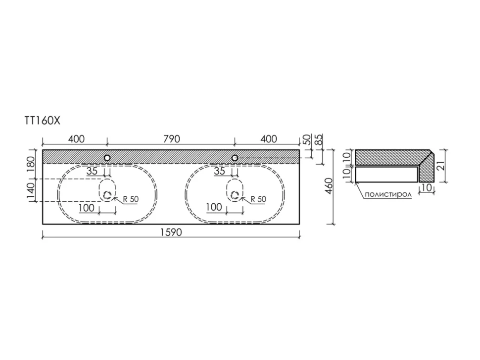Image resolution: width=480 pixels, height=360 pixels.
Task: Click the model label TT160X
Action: click(43, 121)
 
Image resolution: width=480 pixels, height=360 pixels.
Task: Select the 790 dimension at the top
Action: click(171, 139)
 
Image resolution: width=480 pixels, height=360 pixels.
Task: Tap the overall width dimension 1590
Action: click(171, 232)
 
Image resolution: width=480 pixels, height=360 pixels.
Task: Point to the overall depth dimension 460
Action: click(329, 186)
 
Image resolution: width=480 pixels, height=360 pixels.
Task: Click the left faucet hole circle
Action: click(107, 158)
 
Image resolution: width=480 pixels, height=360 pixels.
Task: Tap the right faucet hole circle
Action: click(235, 158)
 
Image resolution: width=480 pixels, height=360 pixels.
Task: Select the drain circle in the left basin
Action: click(107, 195)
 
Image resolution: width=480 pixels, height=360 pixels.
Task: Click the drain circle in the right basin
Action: click(235, 195)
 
